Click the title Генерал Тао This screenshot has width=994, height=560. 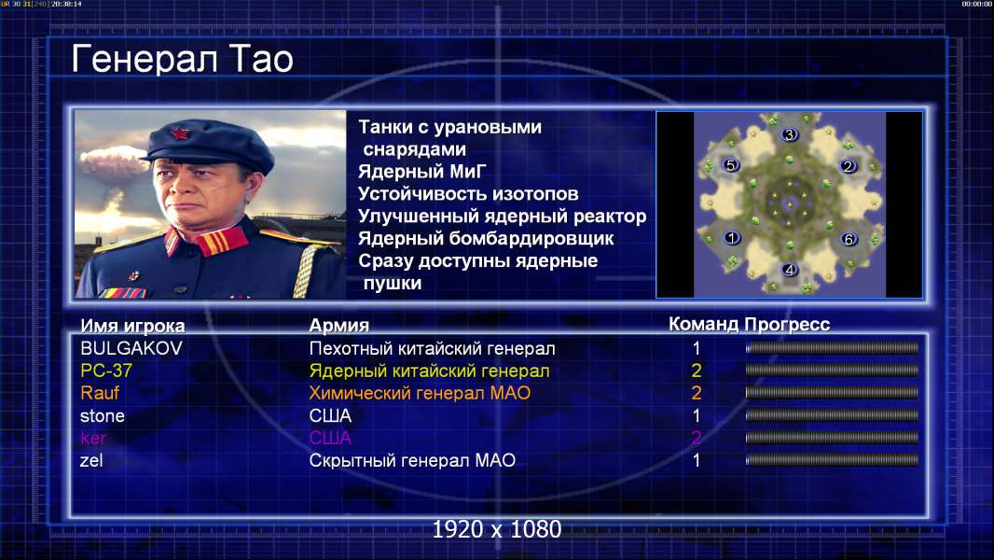tap(182, 59)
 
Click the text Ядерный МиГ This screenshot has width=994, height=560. tap(421, 172)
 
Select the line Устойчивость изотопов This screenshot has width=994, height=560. tap(468, 194)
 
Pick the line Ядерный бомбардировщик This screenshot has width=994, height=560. tap(486, 238)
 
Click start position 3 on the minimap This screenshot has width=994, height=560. tap(789, 134)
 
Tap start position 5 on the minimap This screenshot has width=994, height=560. tap(730, 165)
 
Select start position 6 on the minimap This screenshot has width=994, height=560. tap(849, 239)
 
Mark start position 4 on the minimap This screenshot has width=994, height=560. tap(789, 270)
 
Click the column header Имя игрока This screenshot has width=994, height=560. tap(132, 326)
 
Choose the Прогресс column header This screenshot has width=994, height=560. tap(787, 325)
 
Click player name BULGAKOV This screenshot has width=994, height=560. tap(131, 348)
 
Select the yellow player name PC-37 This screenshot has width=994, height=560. tap(106, 371)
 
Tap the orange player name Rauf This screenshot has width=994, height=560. tap(100, 393)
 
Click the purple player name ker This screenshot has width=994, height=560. tap(93, 439)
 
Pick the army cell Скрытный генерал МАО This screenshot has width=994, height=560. tap(412, 460)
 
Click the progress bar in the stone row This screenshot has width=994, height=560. tap(832, 415)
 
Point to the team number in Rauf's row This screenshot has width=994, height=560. tap(696, 393)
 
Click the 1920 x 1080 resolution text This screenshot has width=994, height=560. tap(496, 529)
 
